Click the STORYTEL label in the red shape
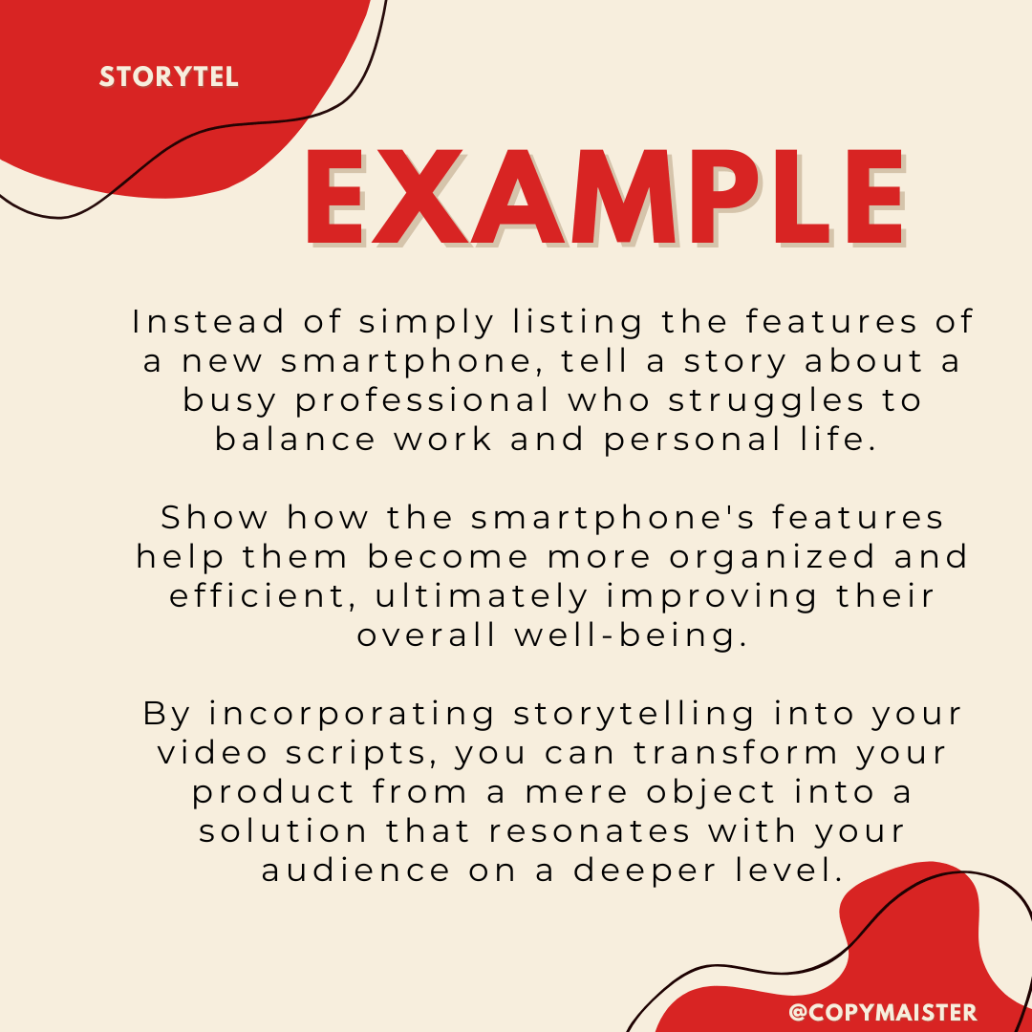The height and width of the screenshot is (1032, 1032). pyautogui.click(x=168, y=77)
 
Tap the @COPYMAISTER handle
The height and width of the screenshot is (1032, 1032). pyautogui.click(x=882, y=1012)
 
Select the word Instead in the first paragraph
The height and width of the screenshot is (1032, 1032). pyautogui.click(x=208, y=322)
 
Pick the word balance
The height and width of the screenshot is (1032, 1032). pyautogui.click(x=295, y=439)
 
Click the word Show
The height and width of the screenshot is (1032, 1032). pyautogui.click(x=215, y=517)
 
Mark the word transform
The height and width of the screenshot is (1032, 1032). pyautogui.click(x=736, y=753)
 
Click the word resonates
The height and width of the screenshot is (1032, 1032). pyautogui.click(x=590, y=831)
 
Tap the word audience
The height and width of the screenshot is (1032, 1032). pyautogui.click(x=356, y=871)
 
